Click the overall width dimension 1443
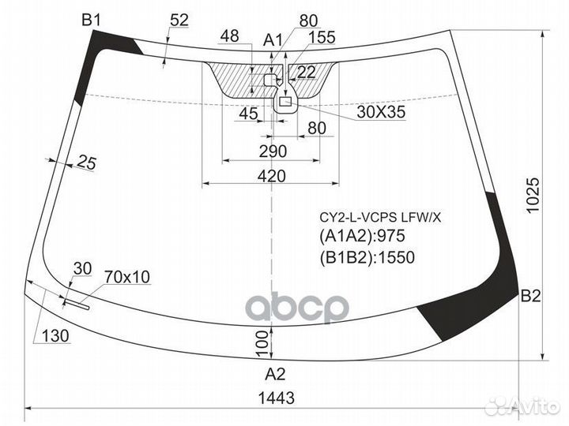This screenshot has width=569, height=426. (276, 398)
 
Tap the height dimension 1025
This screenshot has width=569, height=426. (533, 196)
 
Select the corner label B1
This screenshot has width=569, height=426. (91, 20)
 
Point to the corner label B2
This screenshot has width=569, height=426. (530, 296)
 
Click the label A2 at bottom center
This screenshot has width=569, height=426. (275, 374)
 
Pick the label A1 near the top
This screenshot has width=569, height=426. (273, 40)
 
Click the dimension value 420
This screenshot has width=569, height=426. (272, 176)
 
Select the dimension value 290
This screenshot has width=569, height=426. (273, 151)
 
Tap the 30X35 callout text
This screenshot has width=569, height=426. (381, 112)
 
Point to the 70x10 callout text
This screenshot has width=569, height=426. (127, 277)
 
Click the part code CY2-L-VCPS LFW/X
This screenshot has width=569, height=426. (380, 218)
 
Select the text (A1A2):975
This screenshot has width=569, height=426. (362, 236)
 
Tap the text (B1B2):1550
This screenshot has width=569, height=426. (367, 257)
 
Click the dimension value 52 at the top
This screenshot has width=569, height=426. (179, 21)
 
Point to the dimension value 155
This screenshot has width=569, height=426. (322, 37)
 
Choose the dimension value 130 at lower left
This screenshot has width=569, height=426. (55, 336)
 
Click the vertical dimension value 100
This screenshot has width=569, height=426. (262, 343)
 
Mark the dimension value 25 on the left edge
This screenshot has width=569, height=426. (87, 163)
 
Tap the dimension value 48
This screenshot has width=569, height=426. (230, 35)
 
